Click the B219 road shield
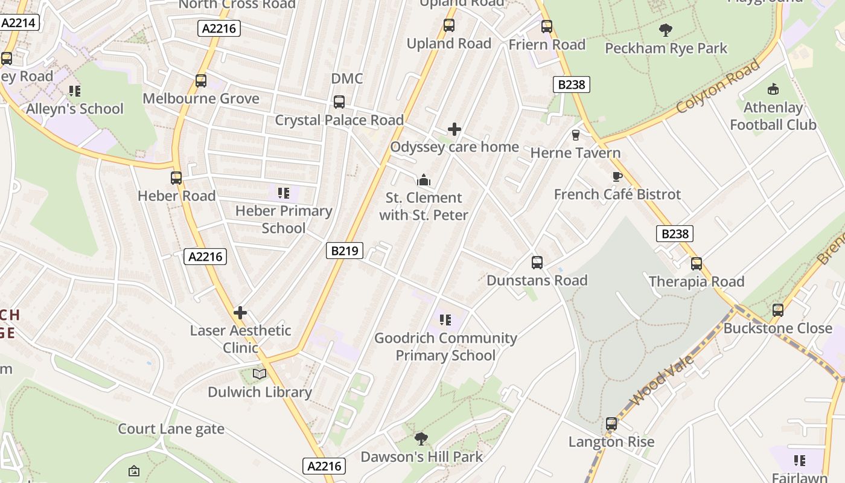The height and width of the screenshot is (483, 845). pos(345,251)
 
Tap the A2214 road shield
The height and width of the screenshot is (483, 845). pos(20,23)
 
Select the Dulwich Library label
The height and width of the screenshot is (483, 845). pos(260,392)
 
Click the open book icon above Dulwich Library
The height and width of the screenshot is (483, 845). pos(260,374)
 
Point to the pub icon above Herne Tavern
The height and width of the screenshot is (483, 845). pos(576,135)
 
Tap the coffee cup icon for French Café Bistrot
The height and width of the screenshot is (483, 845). pos(617,176)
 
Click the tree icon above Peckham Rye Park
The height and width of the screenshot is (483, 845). pos(666,30)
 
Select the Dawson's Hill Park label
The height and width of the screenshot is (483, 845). pos(421,456)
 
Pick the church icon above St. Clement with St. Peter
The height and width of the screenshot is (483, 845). pos(424,180)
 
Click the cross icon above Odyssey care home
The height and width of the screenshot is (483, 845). pos(454,129)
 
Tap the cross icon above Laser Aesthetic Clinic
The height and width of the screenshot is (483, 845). pos(240,313)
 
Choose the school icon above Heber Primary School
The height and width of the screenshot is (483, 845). pos(283,193)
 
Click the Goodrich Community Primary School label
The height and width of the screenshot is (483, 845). pos(445,347)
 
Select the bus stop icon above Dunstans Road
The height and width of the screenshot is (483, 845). pos(537,263)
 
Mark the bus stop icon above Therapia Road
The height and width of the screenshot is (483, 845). pos(697,264)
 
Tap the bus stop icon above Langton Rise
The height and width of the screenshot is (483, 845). pos(611,424)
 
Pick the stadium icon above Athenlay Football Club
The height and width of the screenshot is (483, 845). pos(773,89)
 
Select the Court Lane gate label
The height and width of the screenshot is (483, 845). pos(171,429)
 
